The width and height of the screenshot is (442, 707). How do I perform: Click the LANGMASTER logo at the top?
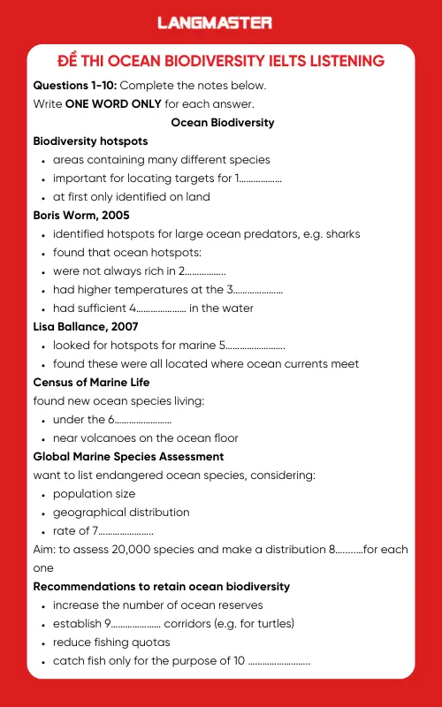pyautogui.click(x=215, y=23)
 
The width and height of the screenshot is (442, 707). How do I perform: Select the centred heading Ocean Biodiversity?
pyautogui.click(x=223, y=122)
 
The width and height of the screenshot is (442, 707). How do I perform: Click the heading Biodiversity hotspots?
pyautogui.click(x=90, y=141)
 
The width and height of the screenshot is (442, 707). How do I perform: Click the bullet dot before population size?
pyautogui.click(x=43, y=494)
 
